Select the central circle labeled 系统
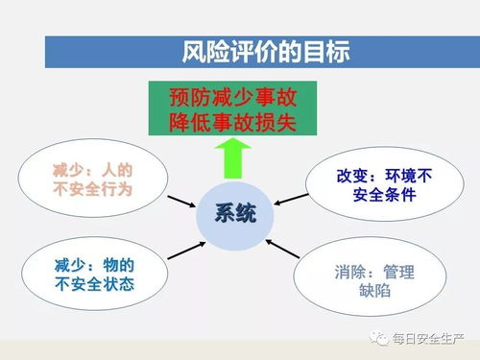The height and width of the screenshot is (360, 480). pyautogui.click(x=234, y=215)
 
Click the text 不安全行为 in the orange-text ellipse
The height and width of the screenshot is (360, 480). pyautogui.click(x=91, y=190)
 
